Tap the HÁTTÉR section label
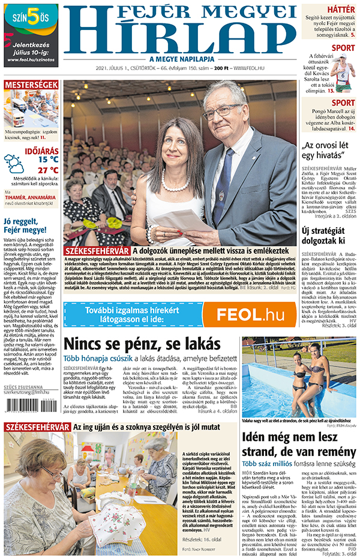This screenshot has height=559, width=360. pos(340,9)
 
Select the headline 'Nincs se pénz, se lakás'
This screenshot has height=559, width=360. pos(142,344)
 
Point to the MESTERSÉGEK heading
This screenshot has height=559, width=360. pos(31,85)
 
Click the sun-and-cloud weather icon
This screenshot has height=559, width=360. pos(14,164)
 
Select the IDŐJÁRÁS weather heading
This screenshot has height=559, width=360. pos(41,149)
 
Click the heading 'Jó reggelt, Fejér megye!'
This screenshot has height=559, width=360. pos(25,225)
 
